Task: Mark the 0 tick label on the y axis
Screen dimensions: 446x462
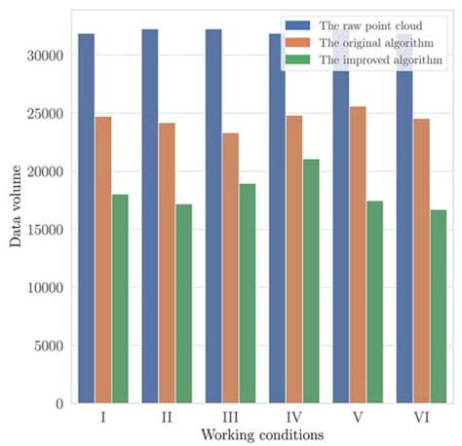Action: click(x=59, y=403)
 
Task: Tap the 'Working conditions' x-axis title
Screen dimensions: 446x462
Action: click(x=261, y=434)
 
